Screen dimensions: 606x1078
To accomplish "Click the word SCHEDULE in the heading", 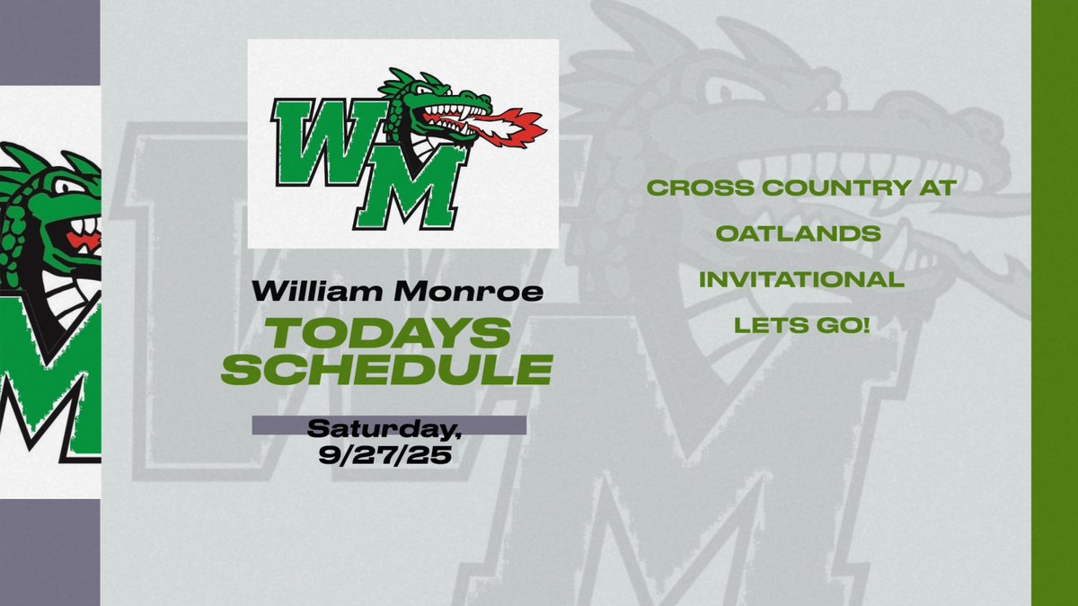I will coord(386,369).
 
